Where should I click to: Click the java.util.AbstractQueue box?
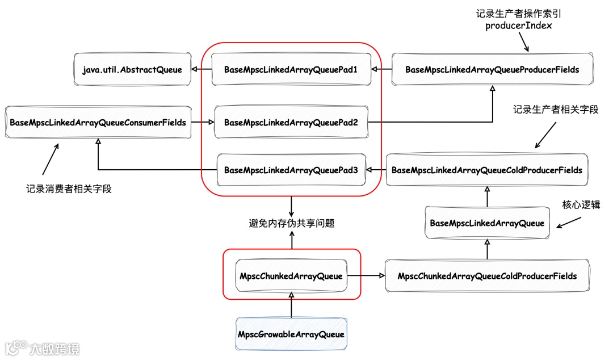coord(132,70)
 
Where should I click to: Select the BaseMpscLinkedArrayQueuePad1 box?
coord(291,70)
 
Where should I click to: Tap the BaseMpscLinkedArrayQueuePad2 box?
coord(291,122)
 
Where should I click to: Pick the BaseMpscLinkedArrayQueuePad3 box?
coord(291,170)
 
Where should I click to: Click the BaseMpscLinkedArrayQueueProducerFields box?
coord(492,70)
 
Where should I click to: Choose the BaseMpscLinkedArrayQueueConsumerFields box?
coord(98,122)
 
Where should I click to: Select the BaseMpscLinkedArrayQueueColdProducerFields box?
coord(487,170)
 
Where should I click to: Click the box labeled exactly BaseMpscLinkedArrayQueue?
coord(487,223)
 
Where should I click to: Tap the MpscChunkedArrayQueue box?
coord(291,277)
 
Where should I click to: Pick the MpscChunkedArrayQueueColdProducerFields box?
coord(487,277)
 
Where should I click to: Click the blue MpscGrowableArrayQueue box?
coord(291,334)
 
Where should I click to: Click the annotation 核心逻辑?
coord(581,206)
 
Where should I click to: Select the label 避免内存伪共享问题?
coord(292,223)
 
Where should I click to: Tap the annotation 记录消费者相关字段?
coord(69,189)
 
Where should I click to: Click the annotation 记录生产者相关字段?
coord(556,110)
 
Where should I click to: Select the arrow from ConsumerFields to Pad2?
coord(202,122)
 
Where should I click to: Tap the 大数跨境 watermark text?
coord(54,348)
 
